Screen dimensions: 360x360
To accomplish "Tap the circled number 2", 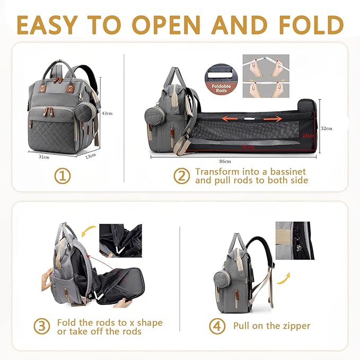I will [181, 176].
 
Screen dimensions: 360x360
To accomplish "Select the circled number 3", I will [42, 327].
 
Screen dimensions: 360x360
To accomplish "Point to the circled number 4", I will [217, 326].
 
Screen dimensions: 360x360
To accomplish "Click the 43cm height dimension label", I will [107, 113].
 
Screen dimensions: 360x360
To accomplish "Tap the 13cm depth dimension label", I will [91, 155].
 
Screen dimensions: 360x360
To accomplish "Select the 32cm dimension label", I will [327, 128].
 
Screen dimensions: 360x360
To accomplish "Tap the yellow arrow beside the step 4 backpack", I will [285, 277].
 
